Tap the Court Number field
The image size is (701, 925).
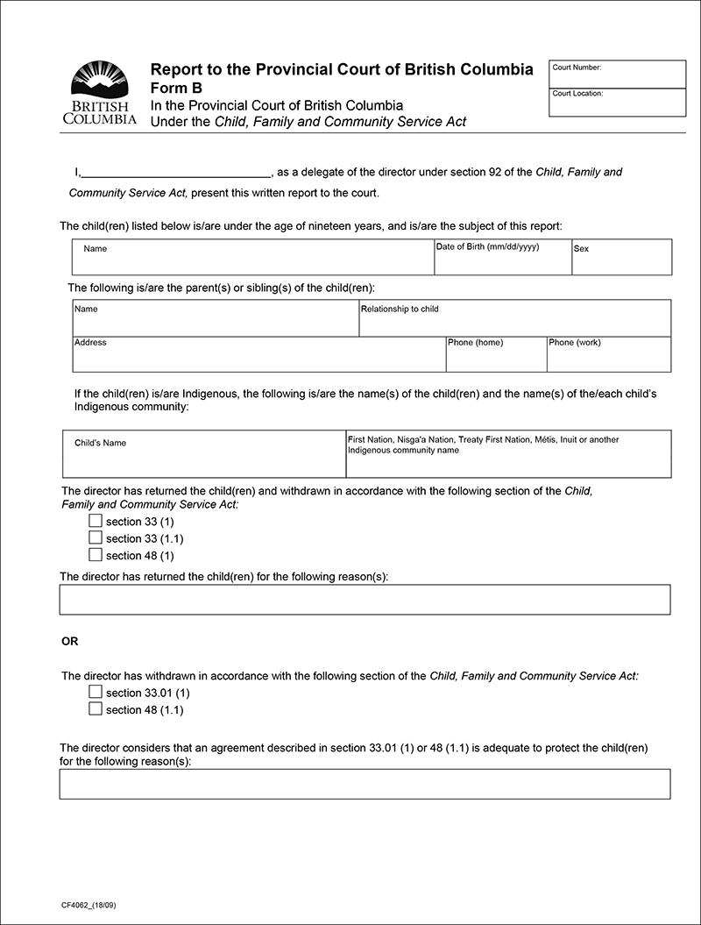coord(618,75)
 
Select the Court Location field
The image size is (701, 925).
coord(618,103)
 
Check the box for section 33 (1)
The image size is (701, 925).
coord(96,521)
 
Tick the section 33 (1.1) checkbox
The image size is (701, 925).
coord(96,537)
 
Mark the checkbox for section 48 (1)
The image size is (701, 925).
coord(96,554)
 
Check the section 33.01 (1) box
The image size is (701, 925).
coord(96,692)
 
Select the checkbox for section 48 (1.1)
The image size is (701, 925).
coord(96,708)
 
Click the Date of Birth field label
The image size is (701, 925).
coord(487,247)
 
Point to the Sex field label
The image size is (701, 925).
coord(581,249)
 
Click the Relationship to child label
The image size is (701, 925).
coord(400,310)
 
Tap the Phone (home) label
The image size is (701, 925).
coord(475,343)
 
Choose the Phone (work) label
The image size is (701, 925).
coord(575,343)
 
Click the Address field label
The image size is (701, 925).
coord(90,343)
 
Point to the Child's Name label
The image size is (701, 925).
coord(100,443)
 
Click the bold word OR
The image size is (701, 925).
coord(70,642)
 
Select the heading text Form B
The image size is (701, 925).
coord(176,88)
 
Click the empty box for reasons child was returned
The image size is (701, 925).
coord(365,600)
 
